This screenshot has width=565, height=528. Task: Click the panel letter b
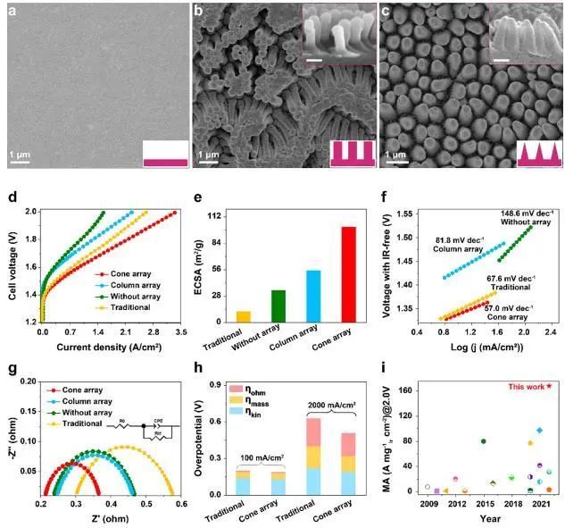[x=198, y=13]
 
